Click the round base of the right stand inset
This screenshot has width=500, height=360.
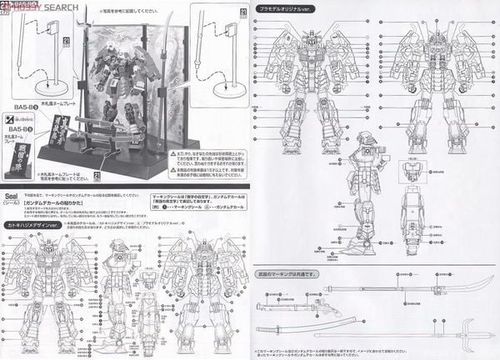[227, 84]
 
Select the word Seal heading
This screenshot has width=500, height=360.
[13, 187]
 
